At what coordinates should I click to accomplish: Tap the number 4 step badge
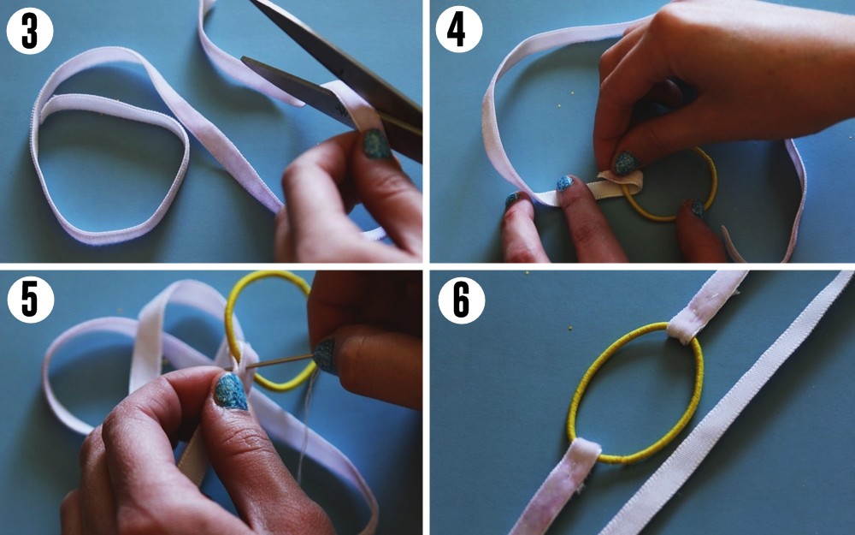click(x=459, y=31)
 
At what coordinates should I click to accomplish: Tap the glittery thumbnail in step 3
click(x=376, y=143)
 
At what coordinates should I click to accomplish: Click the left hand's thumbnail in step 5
click(x=229, y=390)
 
